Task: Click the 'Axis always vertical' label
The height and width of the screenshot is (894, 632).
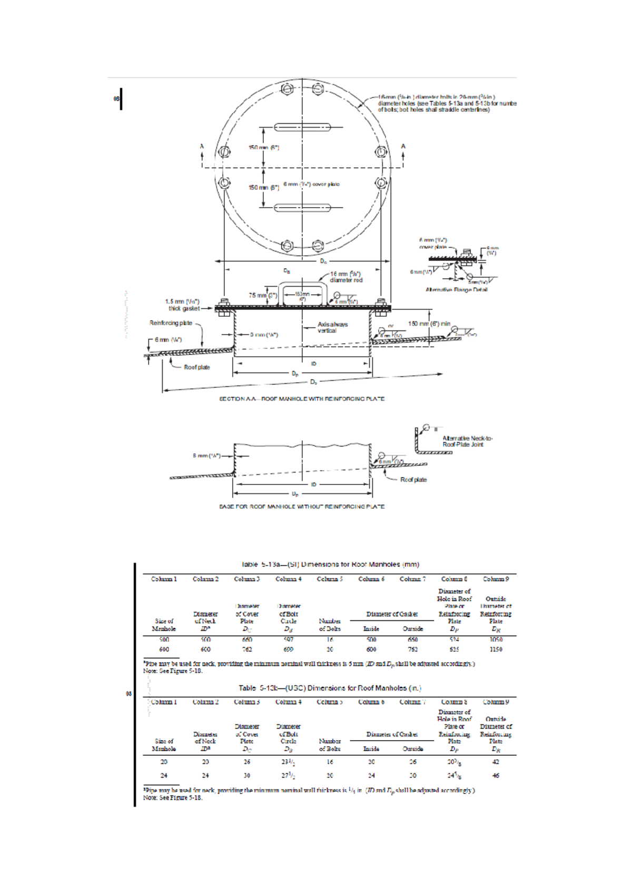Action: point(332,327)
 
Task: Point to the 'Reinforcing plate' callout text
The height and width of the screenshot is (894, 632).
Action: point(171,323)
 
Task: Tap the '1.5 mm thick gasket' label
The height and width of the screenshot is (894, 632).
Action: point(182,305)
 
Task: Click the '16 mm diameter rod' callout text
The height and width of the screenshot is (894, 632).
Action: point(345,277)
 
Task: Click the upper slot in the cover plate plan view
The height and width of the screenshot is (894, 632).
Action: point(302,127)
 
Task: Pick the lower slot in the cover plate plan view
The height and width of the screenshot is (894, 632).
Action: point(302,207)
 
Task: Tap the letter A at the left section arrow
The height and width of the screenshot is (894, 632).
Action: point(202,146)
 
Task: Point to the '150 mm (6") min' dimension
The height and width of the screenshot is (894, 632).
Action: point(429,323)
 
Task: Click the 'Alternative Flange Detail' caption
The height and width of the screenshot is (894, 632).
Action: point(456,289)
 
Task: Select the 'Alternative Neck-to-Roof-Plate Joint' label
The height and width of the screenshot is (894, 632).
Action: point(467,441)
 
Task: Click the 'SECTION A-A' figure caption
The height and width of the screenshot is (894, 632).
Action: point(302,399)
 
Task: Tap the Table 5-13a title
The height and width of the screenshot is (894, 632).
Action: point(330,564)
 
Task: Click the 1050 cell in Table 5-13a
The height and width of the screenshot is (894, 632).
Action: point(496,639)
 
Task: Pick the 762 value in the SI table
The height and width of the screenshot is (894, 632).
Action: point(246,649)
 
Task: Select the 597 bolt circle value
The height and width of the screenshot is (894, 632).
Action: point(288,639)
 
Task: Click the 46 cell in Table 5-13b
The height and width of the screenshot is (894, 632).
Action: point(496,775)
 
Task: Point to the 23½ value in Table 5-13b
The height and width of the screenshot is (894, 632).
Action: point(288,762)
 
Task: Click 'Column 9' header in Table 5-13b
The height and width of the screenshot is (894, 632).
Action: point(496,702)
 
